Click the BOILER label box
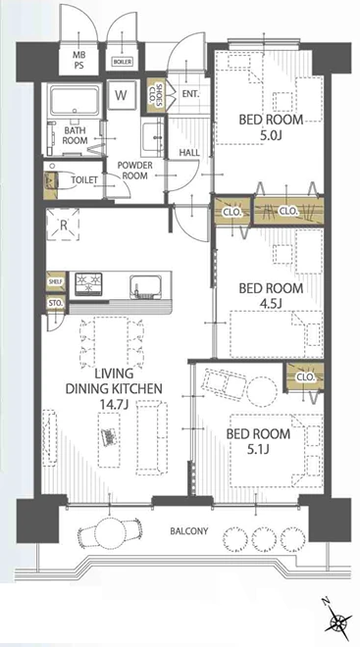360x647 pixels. pos(123,62)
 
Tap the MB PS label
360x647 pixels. pos(78,60)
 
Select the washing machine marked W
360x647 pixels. pos(121,95)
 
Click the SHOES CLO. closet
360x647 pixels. pos(155,95)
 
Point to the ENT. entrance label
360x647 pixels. pos(190,94)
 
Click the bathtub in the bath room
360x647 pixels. pos(75,101)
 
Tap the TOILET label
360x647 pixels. pos(84,180)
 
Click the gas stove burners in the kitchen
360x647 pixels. pos(88,283)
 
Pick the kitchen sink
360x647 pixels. pos(144,285)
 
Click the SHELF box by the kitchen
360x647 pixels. pos(56,281)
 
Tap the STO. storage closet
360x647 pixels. pos(56,303)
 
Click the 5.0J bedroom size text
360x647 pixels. pos(272,135)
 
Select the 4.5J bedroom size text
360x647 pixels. pos(271,304)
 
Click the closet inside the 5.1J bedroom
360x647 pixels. pos(305,377)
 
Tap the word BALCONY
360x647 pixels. pos(189,531)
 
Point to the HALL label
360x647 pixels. pos(189,153)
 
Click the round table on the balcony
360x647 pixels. pos(111,532)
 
